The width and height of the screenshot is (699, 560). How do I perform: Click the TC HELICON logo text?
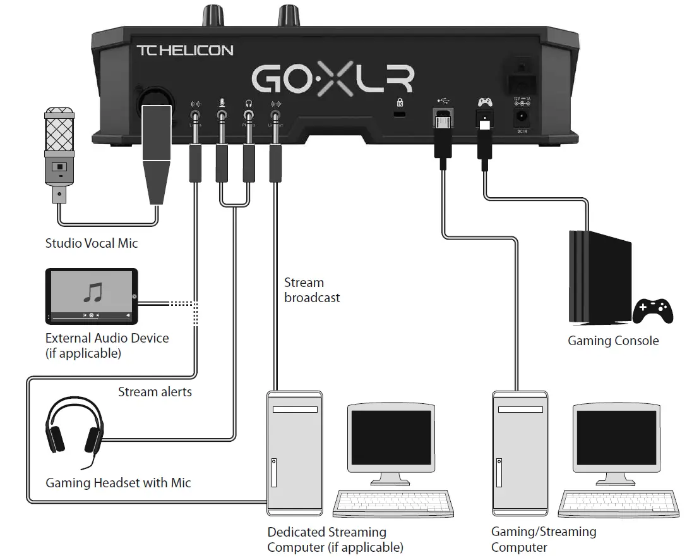point(185,50)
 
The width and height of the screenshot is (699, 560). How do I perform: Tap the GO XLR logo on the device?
point(333,79)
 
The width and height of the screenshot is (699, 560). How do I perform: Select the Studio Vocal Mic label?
point(91,243)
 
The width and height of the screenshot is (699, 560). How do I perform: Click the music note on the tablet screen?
point(93,292)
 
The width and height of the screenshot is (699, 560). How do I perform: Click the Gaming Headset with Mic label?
point(118,483)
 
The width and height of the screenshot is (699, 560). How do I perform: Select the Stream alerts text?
point(155,392)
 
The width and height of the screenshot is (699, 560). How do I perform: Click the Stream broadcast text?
point(312,290)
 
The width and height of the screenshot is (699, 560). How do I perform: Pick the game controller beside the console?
point(653,310)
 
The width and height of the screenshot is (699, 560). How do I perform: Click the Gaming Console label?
point(612,341)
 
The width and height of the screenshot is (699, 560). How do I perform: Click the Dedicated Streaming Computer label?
point(335,540)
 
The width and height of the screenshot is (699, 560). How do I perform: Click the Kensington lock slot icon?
point(399,102)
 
